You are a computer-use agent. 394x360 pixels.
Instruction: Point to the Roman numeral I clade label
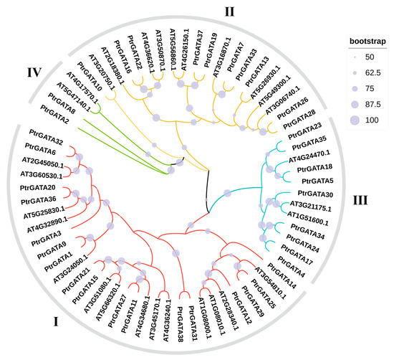tap(55, 322)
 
